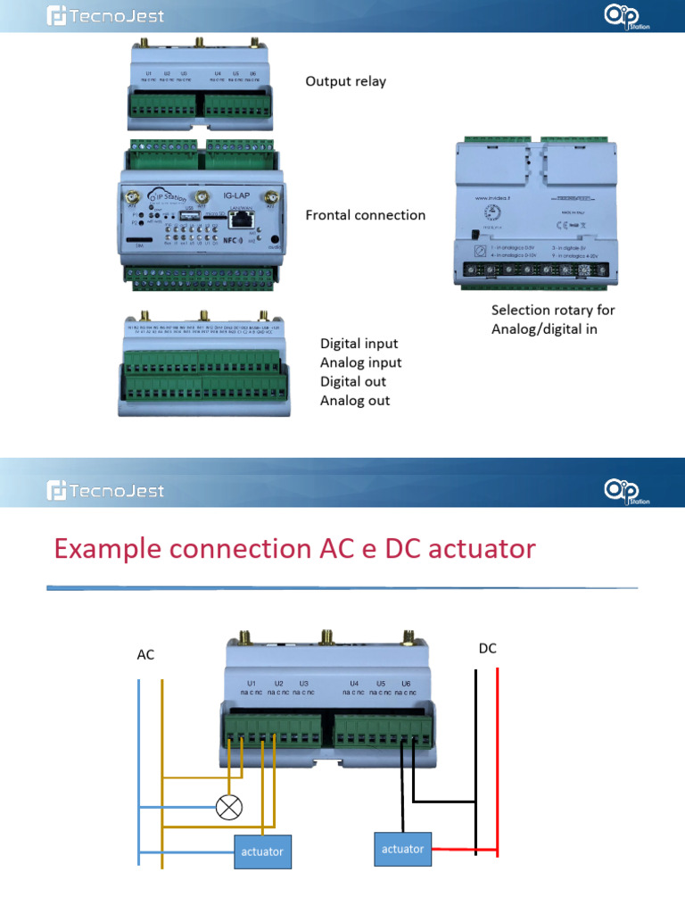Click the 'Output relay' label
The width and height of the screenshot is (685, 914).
click(x=346, y=81)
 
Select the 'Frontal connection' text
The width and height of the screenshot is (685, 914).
click(x=365, y=215)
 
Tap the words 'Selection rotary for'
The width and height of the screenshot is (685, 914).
click(x=553, y=311)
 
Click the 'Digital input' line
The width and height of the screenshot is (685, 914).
click(x=359, y=344)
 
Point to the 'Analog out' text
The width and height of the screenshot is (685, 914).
click(x=355, y=401)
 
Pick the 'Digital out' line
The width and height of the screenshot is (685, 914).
click(x=353, y=382)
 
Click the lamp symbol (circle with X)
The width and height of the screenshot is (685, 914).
click(x=229, y=808)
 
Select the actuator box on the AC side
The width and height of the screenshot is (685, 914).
click(x=262, y=851)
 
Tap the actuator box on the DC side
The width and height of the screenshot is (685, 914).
click(x=403, y=848)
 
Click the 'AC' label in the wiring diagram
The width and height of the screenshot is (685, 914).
click(x=145, y=654)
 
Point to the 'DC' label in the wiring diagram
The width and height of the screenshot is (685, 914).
click(x=487, y=649)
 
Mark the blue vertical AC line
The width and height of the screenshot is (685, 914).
click(x=139, y=768)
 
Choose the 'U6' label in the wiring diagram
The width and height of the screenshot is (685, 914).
click(x=407, y=681)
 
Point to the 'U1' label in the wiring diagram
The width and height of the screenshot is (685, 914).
click(x=252, y=681)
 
